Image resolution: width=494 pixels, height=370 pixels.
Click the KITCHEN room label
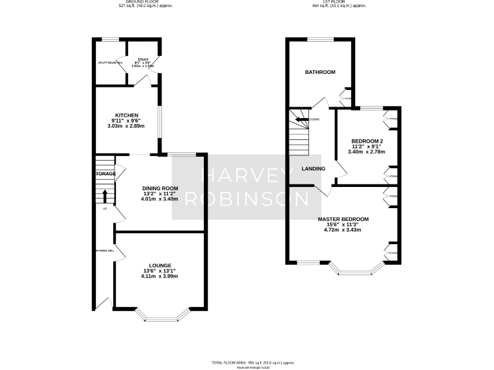point(127,115)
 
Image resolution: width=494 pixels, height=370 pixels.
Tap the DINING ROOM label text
point(160,188)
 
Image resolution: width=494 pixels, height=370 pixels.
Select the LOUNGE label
point(160,265)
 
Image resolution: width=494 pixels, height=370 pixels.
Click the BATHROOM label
point(320,72)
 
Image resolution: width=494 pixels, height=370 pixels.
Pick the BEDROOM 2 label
point(367,141)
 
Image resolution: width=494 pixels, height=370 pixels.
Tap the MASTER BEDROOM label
point(343,219)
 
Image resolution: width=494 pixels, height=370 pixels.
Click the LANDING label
point(314,169)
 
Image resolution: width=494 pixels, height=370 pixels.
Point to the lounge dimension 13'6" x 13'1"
point(160,270)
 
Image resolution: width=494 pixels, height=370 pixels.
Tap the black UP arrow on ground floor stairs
point(104,195)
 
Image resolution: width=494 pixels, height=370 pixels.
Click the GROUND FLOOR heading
point(143,2)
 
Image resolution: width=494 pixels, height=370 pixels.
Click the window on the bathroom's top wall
point(319,40)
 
